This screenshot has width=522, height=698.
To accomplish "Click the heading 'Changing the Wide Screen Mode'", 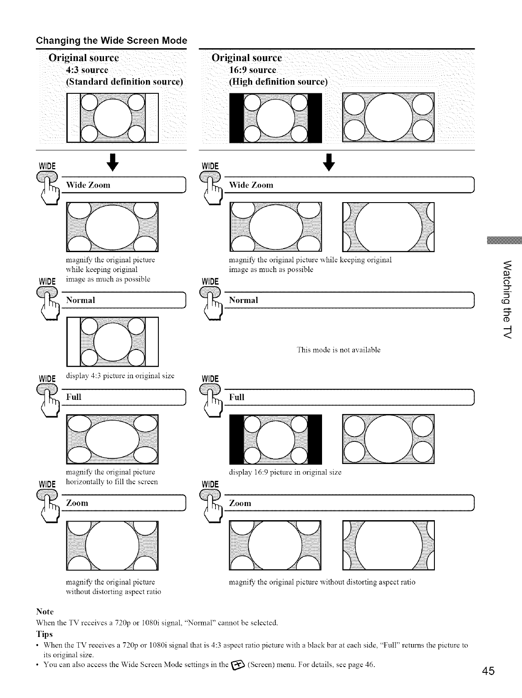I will (111, 40).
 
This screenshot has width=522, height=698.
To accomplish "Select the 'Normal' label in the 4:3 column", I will (81, 300).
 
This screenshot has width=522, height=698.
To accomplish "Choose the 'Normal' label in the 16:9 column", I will (243, 300).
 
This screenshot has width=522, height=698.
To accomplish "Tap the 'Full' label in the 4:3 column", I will (73, 397).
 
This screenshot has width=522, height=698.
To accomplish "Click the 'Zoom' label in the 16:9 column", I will (240, 503).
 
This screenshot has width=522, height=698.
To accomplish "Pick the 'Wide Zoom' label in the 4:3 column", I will (88, 185).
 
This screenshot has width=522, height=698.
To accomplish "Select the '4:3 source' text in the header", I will (87, 70).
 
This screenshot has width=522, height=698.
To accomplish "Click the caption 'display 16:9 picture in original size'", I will (285, 472).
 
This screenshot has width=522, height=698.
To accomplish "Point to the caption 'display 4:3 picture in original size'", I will (120, 376).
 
